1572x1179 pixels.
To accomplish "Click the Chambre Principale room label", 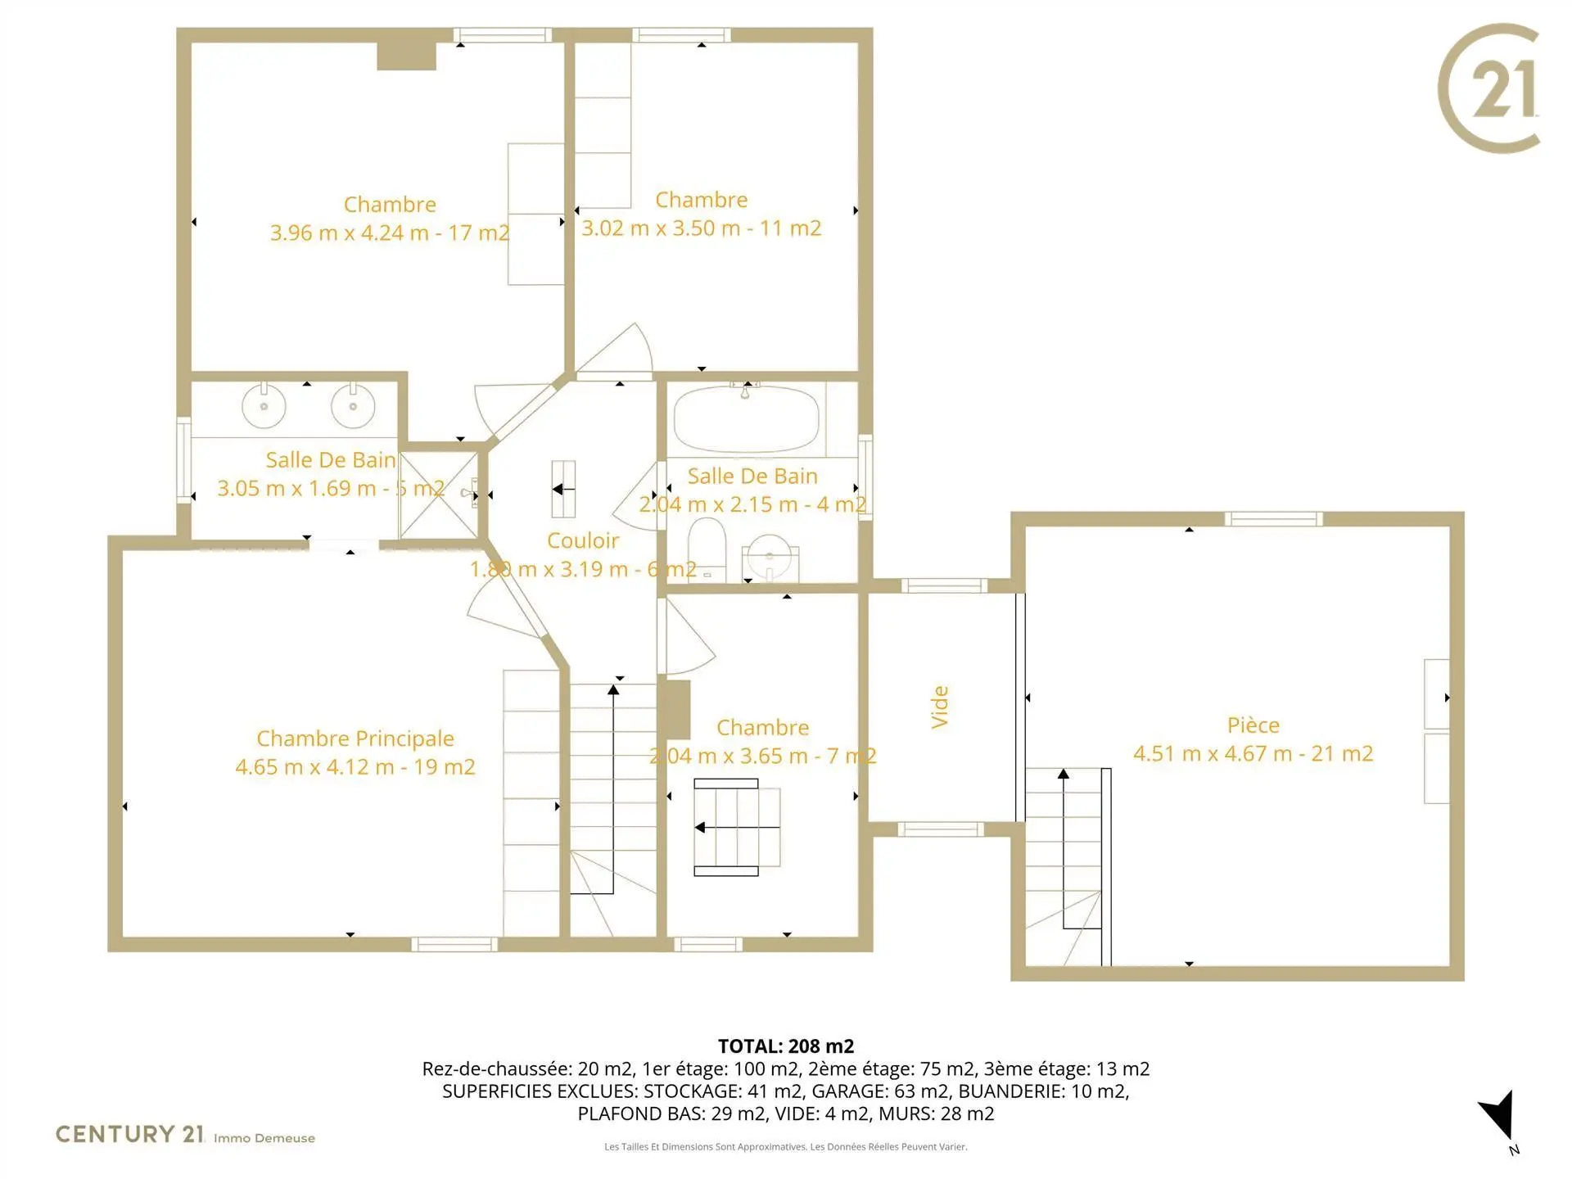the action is click(355, 739).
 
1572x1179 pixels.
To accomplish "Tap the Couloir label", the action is click(583, 540).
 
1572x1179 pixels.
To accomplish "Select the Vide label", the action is click(940, 707).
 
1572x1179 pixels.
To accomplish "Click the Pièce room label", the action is click(1253, 725).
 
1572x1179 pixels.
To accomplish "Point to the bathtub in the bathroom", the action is click(746, 418).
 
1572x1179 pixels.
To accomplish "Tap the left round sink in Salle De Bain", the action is click(264, 404).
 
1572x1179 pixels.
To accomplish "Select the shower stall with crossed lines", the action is click(439, 494).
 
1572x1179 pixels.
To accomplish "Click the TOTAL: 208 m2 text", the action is click(786, 1046).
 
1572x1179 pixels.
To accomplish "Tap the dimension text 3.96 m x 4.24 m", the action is click(350, 233).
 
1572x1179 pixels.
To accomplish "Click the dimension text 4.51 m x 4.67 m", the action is click(1213, 753).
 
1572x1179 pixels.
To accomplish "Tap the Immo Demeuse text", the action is click(264, 1138).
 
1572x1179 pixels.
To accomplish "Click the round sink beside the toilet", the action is click(770, 557).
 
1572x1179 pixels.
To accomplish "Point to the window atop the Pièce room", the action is click(1273, 519).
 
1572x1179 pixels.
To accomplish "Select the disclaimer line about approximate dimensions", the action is click(786, 1146).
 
